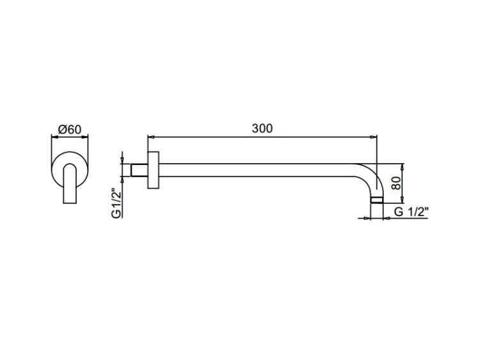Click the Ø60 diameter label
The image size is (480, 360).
pos(70,130)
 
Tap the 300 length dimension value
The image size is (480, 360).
pos(262,129)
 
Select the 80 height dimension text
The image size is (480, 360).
pos(396,184)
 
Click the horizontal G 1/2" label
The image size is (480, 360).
pos(411,212)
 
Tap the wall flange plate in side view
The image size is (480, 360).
pos(153,169)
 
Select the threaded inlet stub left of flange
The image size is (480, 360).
pos(140,170)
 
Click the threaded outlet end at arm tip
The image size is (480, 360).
pos(376,200)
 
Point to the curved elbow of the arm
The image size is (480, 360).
pos(374,175)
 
